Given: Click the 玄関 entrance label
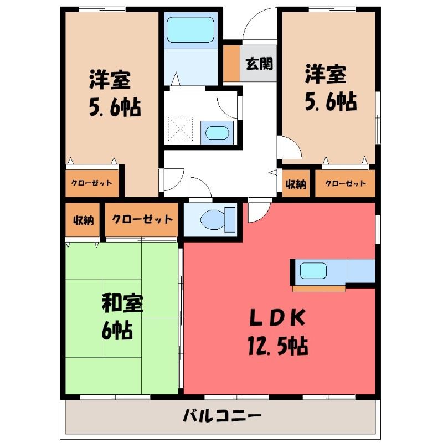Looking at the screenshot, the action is click(259, 64).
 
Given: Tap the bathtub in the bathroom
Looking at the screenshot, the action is click(190, 30).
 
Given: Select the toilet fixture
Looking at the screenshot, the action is click(218, 219).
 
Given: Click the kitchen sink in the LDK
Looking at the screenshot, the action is click(313, 271).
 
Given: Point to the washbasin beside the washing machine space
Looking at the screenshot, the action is click(217, 132).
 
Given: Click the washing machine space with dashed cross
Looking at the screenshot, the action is click(181, 129).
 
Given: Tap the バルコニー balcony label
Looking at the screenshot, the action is click(222, 416).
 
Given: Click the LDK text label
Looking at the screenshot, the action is click(277, 318).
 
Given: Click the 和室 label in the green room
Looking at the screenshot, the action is click(122, 303).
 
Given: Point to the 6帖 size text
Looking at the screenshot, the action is click(117, 330).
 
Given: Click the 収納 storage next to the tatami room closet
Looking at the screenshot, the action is click(83, 220).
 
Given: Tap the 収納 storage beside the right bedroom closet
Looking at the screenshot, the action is click(296, 184).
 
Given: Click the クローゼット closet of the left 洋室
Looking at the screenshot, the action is click(92, 183).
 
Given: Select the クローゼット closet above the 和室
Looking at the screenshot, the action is click(142, 219).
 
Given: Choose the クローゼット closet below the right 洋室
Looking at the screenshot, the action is click(345, 184).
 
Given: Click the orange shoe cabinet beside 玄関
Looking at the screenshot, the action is click(231, 63).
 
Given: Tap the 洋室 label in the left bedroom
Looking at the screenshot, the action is click(110, 80).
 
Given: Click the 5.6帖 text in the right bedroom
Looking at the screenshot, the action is click(331, 102).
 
